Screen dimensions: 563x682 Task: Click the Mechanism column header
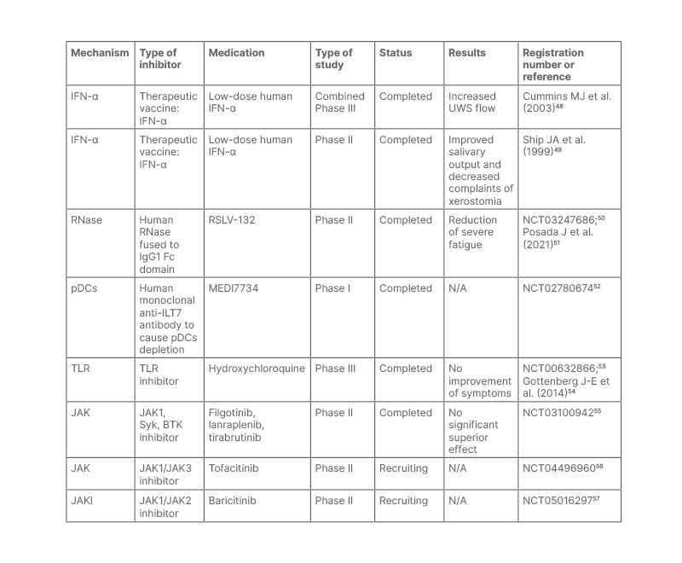[x=100, y=53]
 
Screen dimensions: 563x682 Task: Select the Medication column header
[x=236, y=53]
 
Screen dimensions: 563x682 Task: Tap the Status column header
[x=396, y=53]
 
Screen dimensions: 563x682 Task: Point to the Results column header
[x=466, y=53]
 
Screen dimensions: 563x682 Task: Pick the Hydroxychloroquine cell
[x=257, y=369]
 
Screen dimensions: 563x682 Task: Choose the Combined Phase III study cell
[x=340, y=102]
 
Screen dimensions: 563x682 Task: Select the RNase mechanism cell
[x=86, y=220]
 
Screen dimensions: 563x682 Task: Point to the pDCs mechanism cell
[x=84, y=288]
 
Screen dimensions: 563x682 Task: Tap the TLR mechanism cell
[x=81, y=369]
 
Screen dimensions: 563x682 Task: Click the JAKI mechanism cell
[x=83, y=501]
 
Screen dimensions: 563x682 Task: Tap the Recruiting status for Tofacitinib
[x=403, y=468]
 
